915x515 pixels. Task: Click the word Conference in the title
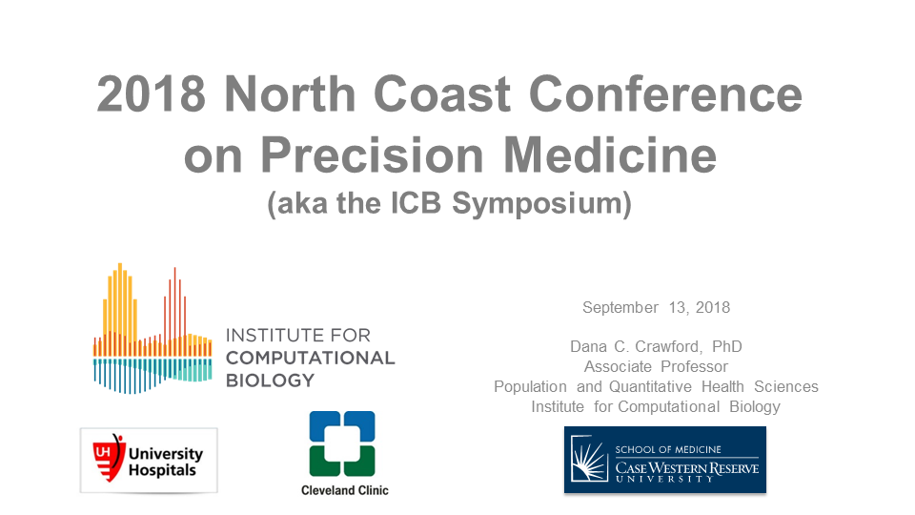point(665,94)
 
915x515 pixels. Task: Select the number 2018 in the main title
point(152,94)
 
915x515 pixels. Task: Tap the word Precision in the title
point(372,155)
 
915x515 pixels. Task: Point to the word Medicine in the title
point(610,155)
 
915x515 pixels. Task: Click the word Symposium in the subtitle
point(541,204)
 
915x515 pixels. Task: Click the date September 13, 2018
point(656,308)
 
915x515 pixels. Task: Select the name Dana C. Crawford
point(636,346)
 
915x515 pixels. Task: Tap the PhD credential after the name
point(727,346)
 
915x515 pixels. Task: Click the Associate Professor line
point(656,366)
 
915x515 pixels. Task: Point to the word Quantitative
point(650,386)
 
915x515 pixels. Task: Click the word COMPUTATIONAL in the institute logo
point(311,358)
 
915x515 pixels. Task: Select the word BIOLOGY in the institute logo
point(270,381)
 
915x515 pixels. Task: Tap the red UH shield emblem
point(109,458)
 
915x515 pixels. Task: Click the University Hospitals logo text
point(166,462)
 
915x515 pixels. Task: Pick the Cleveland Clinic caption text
point(345,490)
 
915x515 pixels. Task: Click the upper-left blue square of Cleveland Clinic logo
point(324,426)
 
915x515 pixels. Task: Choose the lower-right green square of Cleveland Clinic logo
point(360,461)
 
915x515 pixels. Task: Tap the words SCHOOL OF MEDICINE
point(668,449)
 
